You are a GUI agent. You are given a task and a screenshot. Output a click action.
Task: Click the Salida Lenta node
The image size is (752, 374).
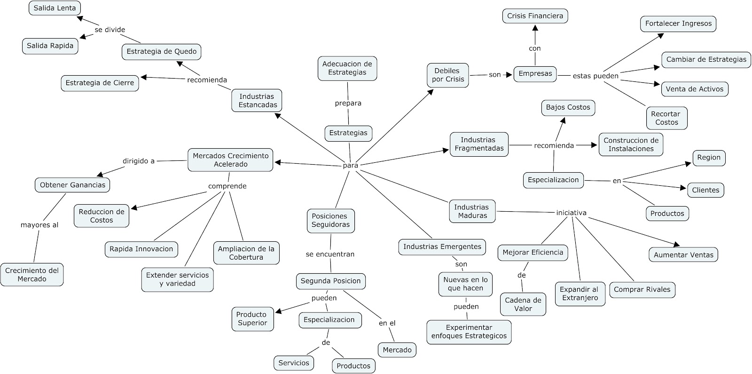[x=55, y=8]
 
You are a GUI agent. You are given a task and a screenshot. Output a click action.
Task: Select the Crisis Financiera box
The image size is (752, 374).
[x=535, y=16]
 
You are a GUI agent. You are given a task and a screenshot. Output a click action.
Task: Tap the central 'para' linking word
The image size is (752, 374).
[x=350, y=165]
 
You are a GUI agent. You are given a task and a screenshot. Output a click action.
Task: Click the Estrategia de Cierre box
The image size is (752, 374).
[x=100, y=83]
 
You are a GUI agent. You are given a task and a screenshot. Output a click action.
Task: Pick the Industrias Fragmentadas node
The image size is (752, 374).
[x=478, y=144]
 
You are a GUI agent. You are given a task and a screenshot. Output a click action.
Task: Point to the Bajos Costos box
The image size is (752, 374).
[x=568, y=107]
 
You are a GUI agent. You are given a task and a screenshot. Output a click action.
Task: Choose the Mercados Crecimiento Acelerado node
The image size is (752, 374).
[x=230, y=160]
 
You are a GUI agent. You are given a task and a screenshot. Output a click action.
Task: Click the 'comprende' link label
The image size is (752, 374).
[x=227, y=186]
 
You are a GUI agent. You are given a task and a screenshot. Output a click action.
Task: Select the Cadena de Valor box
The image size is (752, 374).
[x=523, y=304]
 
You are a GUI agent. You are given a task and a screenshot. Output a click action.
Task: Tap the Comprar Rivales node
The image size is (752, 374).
[x=642, y=289]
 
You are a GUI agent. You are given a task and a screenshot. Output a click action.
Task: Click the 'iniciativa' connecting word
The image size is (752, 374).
[x=571, y=213]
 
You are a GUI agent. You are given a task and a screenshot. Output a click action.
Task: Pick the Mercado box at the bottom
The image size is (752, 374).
[x=397, y=350]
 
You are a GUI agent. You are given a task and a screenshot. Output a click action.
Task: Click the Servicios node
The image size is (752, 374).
[x=294, y=363]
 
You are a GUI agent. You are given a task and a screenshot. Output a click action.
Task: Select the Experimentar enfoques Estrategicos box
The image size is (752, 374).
[x=469, y=332]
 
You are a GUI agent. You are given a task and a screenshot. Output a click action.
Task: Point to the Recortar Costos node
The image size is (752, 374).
[x=666, y=118]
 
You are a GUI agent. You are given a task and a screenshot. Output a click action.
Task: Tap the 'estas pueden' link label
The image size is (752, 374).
[x=595, y=76]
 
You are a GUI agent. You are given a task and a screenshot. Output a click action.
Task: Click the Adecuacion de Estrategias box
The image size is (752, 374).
[x=347, y=68]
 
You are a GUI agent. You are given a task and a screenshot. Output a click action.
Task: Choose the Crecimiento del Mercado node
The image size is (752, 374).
[x=32, y=274]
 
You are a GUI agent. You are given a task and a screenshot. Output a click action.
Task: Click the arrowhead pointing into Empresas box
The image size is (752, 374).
[x=509, y=74]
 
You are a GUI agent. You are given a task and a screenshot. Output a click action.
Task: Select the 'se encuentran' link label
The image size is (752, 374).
[x=330, y=254]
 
